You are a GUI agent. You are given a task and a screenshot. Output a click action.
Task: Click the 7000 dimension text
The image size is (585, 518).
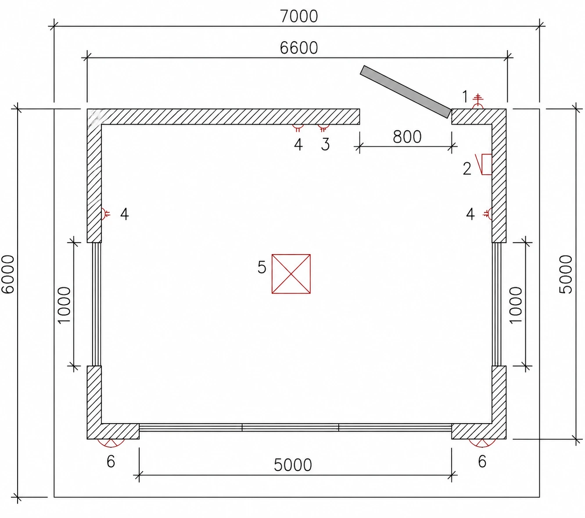click(x=298, y=17)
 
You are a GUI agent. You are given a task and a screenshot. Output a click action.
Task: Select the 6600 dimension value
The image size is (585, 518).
click(x=298, y=48)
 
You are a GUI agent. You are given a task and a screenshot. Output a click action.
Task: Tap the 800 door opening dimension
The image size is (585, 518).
click(x=407, y=137)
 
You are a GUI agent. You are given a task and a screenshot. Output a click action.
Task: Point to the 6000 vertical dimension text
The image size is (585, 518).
click(x=8, y=274)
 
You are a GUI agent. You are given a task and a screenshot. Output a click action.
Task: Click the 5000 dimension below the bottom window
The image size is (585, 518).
click(x=293, y=465)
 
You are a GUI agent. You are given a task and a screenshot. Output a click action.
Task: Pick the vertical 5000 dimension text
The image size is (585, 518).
click(x=565, y=274)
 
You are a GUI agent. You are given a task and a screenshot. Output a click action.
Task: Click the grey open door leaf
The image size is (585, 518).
click(x=405, y=92)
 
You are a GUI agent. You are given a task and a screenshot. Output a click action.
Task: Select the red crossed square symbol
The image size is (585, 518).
click(x=291, y=274)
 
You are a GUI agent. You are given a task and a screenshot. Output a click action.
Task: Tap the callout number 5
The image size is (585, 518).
click(x=262, y=267)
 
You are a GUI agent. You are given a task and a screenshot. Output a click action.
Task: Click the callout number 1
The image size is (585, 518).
click(x=465, y=96)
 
